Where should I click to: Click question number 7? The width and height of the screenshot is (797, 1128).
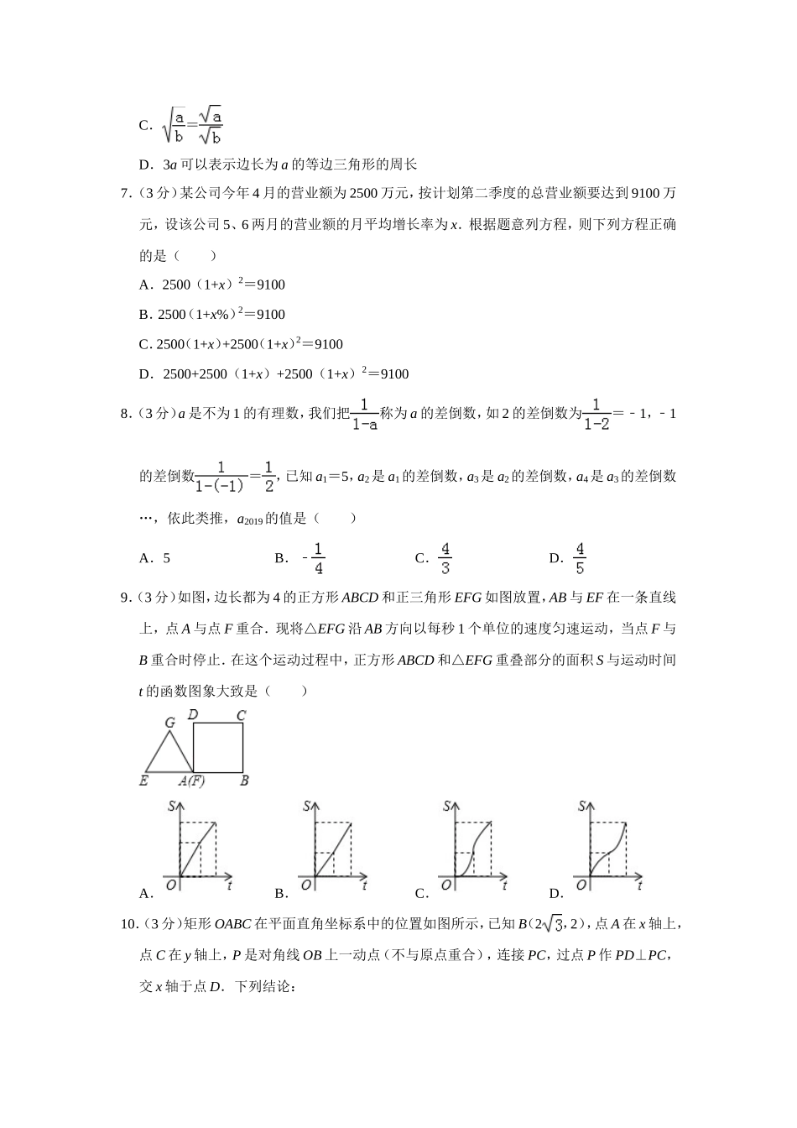(x=127, y=194)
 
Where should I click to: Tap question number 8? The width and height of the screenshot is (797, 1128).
(x=127, y=413)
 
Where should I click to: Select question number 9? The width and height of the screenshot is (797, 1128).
(x=127, y=598)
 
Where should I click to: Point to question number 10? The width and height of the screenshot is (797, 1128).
(x=130, y=925)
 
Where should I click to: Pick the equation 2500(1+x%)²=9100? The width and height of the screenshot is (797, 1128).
(x=222, y=314)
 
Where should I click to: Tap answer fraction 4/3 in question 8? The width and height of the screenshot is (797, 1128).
(x=445, y=558)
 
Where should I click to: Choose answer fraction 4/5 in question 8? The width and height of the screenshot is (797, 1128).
(x=580, y=558)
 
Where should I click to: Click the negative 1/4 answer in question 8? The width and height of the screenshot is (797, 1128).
(x=314, y=558)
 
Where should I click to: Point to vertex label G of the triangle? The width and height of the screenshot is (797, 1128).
(x=169, y=723)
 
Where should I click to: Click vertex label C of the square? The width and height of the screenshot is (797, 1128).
(x=241, y=716)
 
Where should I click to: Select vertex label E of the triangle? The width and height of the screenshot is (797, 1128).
(x=144, y=781)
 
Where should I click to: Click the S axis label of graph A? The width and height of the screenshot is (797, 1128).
(x=172, y=807)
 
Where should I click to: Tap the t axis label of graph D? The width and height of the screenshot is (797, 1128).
(x=639, y=884)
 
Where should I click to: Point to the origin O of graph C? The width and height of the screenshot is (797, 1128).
(x=445, y=884)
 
